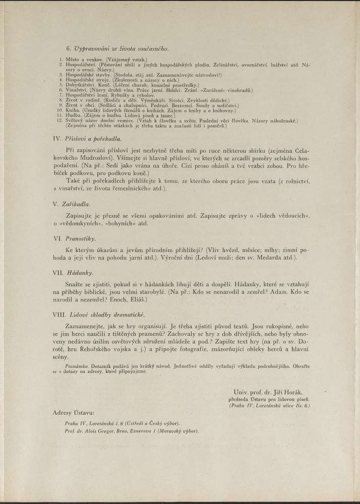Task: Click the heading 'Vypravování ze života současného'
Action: tap(121, 49)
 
